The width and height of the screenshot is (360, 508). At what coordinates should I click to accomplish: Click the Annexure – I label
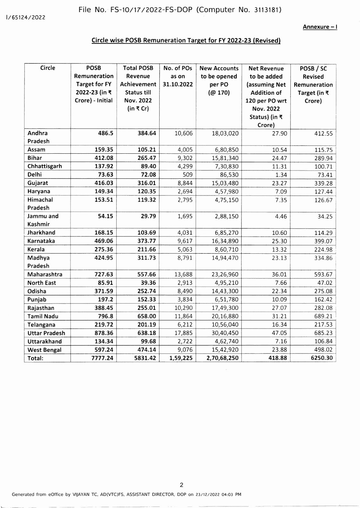pyautogui.click(x=320, y=27)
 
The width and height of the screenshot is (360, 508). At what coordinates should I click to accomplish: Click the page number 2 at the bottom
pyautogui.click(x=181, y=485)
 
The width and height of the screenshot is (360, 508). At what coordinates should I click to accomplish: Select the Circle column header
pyautogui.click(x=48, y=68)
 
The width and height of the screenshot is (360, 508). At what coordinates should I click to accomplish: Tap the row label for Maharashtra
pyautogui.click(x=45, y=274)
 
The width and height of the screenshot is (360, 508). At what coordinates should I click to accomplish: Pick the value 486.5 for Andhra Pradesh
pyautogui.click(x=105, y=133)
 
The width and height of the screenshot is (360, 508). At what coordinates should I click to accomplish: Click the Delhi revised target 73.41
pyautogui.click(x=323, y=175)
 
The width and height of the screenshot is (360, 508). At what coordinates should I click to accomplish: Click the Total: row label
pyautogui.click(x=35, y=358)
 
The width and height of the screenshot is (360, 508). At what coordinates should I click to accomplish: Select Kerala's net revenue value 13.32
pyautogui.click(x=279, y=250)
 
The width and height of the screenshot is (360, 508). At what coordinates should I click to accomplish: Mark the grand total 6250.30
pyautogui.click(x=322, y=358)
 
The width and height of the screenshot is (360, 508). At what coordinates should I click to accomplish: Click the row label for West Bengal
pyautogui.click(x=44, y=350)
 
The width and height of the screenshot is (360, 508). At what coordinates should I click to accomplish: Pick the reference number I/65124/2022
pyautogui.click(x=26, y=17)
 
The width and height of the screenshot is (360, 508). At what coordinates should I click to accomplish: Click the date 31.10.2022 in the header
pyautogui.click(x=178, y=84)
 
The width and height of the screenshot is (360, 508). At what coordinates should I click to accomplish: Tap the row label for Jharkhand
pyautogui.click(x=41, y=233)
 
